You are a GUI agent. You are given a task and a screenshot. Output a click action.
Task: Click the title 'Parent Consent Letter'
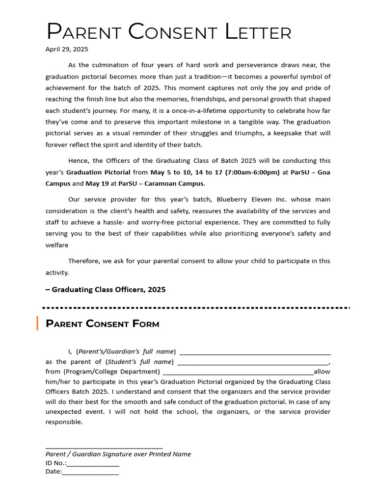click(x=168, y=32)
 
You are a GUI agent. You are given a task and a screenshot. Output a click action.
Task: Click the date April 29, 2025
click(x=67, y=50)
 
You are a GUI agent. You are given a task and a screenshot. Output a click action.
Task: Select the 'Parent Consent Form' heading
click(x=102, y=324)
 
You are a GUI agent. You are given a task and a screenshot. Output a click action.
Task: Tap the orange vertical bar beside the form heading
click(x=37, y=324)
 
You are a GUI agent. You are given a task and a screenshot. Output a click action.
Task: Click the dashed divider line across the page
click(x=196, y=307)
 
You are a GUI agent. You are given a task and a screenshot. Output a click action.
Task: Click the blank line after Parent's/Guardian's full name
click(x=255, y=352)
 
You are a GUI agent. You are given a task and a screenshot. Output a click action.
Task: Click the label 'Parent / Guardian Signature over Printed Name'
click(x=118, y=454)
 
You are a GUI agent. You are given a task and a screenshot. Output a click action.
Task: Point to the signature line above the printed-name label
click(x=104, y=447)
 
